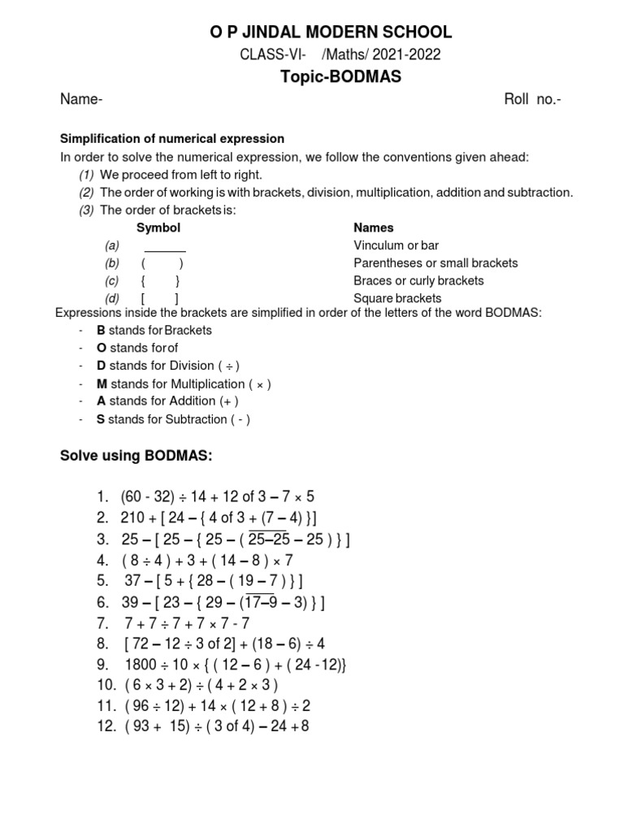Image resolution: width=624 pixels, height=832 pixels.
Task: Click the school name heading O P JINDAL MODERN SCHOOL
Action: point(331,32)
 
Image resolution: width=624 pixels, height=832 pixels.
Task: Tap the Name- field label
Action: point(81,100)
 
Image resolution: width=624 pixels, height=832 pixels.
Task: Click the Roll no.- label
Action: point(533,100)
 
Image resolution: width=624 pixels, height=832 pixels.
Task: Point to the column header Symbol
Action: point(158,228)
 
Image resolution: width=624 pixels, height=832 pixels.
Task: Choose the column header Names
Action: point(374,228)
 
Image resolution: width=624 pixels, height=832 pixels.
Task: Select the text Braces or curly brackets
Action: point(418,281)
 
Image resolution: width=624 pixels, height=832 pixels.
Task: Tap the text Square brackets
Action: point(397,298)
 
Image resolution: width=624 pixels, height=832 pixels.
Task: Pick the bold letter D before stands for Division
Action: point(102,366)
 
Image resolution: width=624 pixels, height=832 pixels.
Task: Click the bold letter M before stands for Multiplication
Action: point(102,383)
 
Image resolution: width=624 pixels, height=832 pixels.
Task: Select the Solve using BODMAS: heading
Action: point(136,457)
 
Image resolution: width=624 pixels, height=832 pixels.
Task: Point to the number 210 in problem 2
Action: point(132,518)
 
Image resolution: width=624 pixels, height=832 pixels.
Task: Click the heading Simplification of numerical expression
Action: point(173,139)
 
